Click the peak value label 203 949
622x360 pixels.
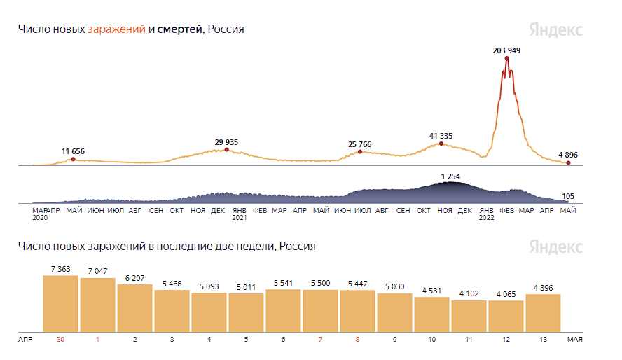pos(506,50)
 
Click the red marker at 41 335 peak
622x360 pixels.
pos(441,144)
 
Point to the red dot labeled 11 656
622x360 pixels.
pos(73,160)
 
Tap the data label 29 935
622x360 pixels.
pos(226,142)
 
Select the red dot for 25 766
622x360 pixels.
pos(360,151)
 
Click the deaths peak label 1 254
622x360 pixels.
pos(450,176)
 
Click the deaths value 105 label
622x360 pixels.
pos(569,197)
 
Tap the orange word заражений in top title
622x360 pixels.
pos(117,29)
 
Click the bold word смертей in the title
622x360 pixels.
pos(180,29)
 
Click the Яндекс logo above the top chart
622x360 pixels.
pos(555,30)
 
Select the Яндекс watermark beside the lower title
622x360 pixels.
pos(555,247)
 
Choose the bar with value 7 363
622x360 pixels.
pos(60,303)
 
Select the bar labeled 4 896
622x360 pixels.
pos(543,312)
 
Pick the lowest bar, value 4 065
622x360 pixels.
pos(506,316)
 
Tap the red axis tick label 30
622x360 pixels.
pos(60,340)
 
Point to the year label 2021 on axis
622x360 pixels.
pos(239,218)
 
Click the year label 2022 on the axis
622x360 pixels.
pos(486,218)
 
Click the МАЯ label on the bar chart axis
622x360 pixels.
pos(574,340)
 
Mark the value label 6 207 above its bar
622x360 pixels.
pos(134,278)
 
